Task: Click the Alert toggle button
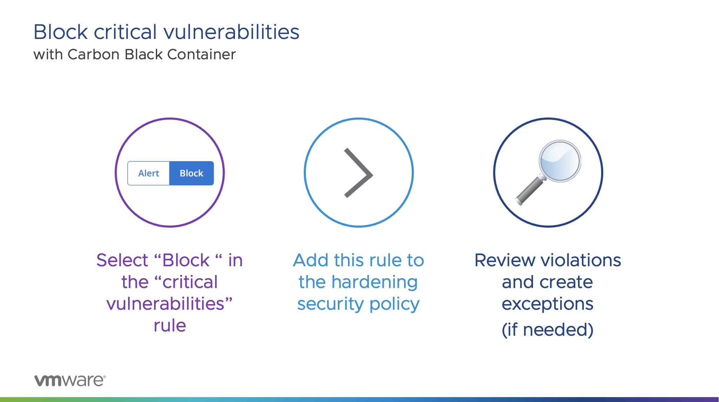tap(149, 173)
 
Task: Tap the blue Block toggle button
tap(191, 173)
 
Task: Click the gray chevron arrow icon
tap(358, 173)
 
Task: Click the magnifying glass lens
tap(560, 161)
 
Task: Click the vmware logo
tap(70, 380)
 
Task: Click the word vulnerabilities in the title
tap(231, 32)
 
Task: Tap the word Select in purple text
tap(122, 260)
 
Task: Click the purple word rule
tap(170, 326)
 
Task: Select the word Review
tap(505, 260)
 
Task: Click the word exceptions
tap(547, 304)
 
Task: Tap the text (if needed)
tap(547, 330)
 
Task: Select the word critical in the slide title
tap(125, 32)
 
